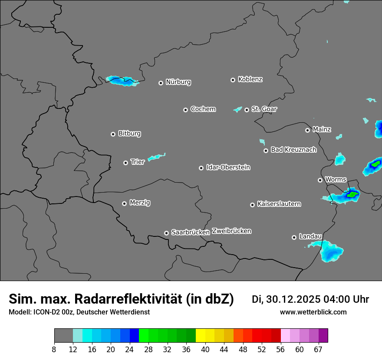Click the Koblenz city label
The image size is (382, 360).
(x=250, y=79)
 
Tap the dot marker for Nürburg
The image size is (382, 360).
(x=161, y=82)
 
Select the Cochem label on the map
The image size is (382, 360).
(x=203, y=109)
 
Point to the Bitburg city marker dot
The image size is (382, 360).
(x=113, y=134)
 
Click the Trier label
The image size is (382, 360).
(x=137, y=162)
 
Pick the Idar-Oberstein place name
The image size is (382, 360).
(x=228, y=167)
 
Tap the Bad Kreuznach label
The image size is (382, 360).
(x=293, y=150)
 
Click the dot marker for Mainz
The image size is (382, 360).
(x=307, y=130)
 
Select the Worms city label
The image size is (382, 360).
(x=335, y=180)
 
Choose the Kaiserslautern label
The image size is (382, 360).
(x=279, y=204)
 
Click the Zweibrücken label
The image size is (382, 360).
(x=231, y=231)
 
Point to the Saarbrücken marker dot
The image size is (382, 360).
(x=166, y=233)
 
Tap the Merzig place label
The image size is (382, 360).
(x=140, y=203)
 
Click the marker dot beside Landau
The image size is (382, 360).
(x=294, y=237)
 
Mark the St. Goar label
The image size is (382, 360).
(x=264, y=109)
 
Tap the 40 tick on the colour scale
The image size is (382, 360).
(x=205, y=349)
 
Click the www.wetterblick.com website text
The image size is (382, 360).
(x=313, y=312)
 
